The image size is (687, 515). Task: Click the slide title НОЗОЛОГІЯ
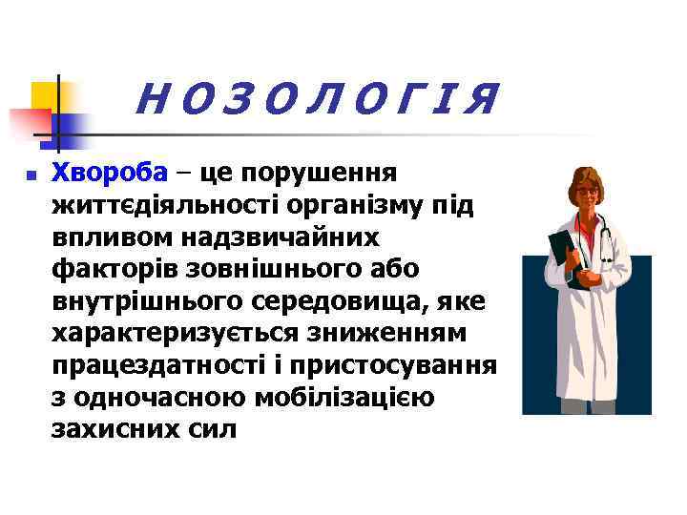318,99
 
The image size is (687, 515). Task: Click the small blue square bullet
31,175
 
